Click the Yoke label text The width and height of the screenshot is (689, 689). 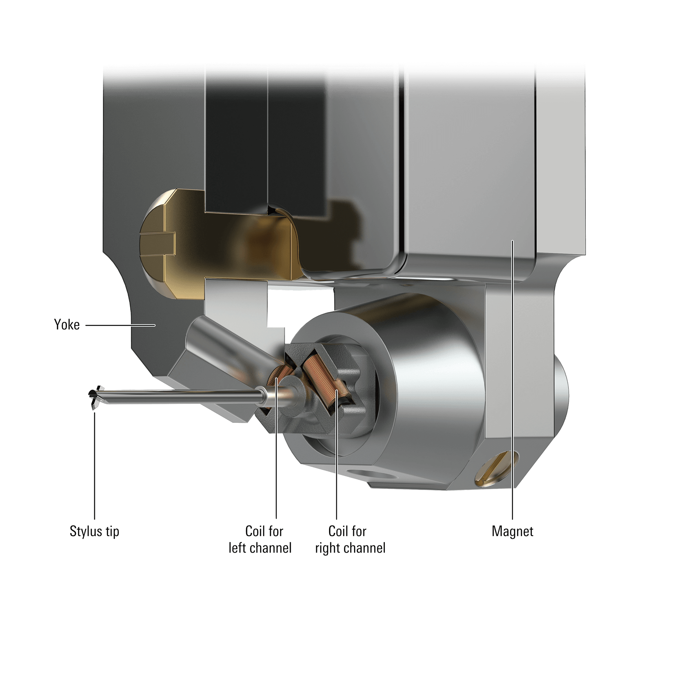coord(67,325)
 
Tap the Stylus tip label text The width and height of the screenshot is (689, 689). coord(94,532)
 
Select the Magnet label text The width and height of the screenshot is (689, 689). coord(513,532)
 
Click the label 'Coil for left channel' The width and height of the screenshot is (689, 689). coord(260,539)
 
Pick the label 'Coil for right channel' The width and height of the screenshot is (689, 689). coord(350,539)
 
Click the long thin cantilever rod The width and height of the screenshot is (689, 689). coord(178,397)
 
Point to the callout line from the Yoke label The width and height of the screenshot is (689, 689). coord(120,325)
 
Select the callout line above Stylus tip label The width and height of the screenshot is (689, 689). coord(94,464)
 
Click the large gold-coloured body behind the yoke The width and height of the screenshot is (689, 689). coord(228,250)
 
